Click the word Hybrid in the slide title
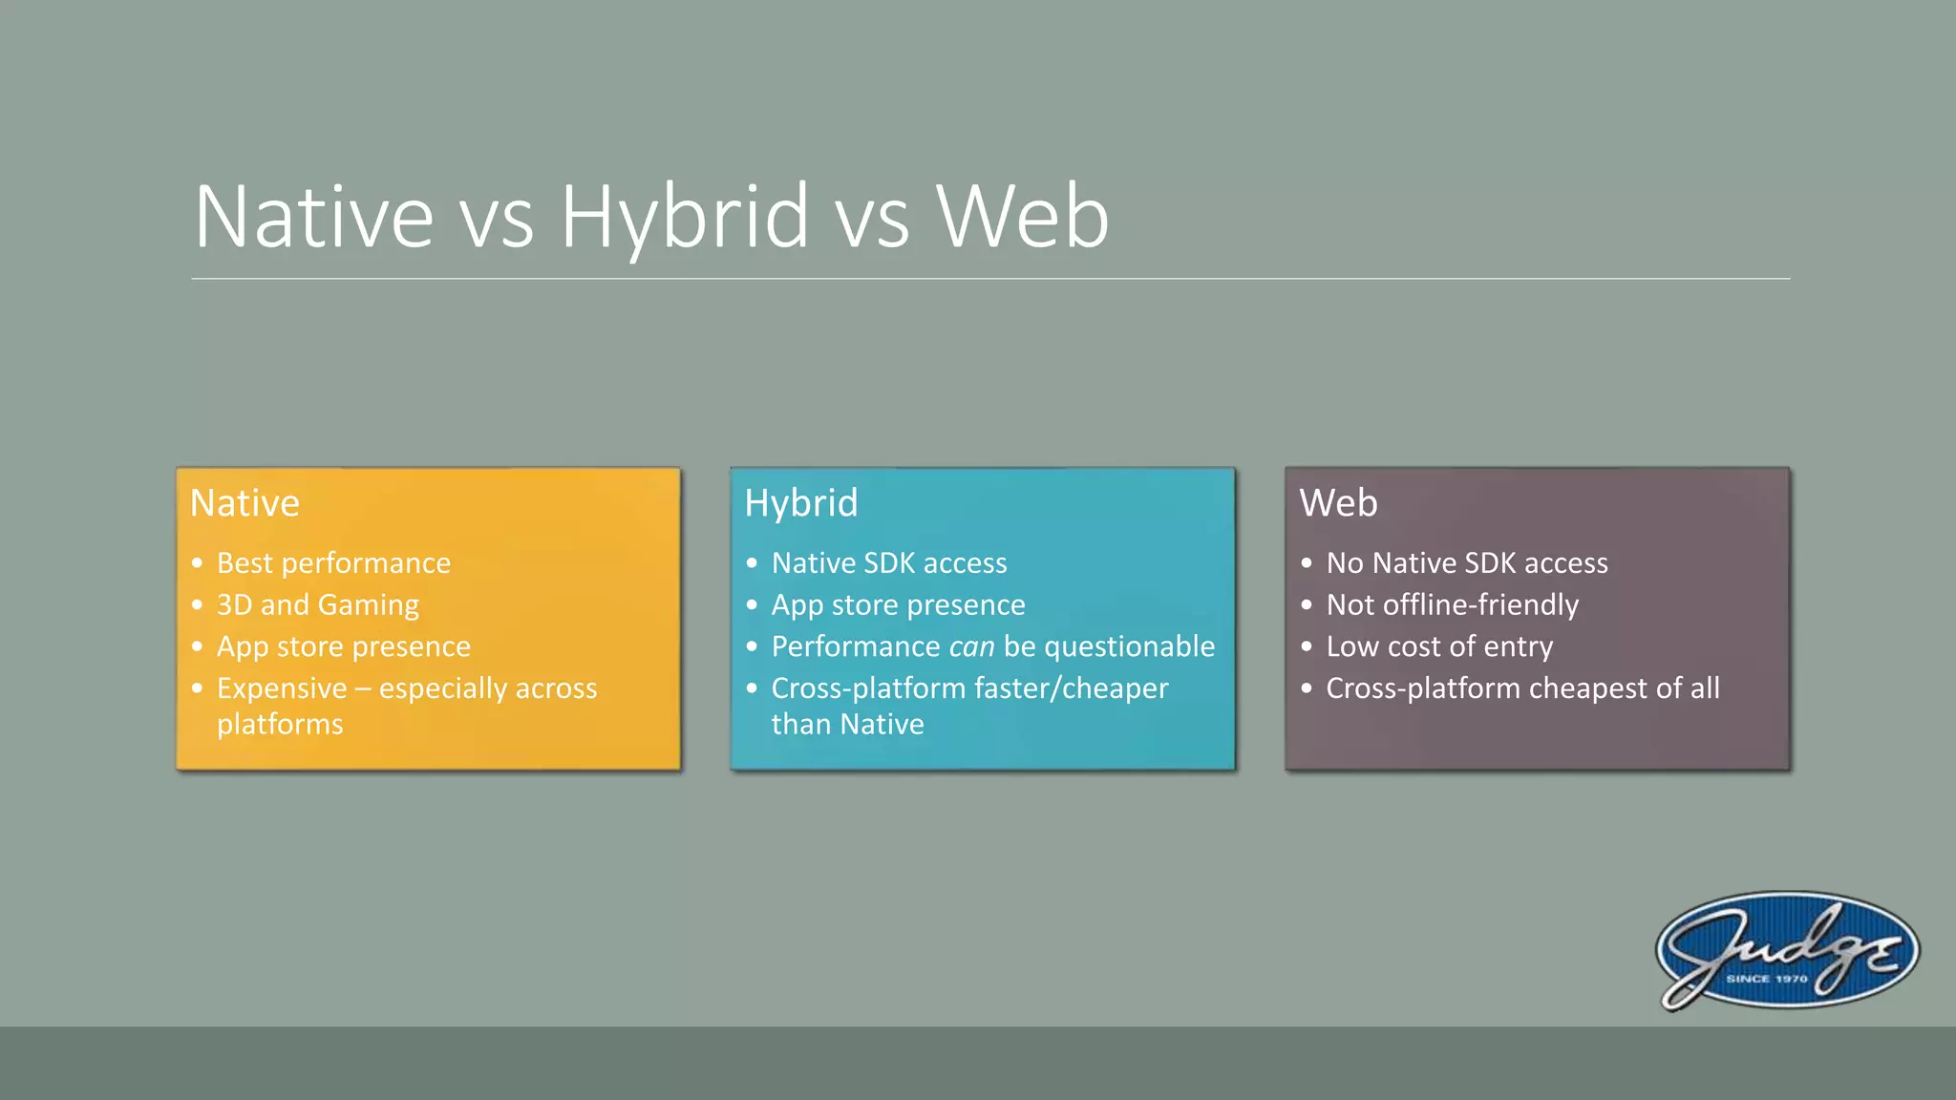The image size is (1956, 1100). point(684,218)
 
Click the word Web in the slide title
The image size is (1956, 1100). point(1022,218)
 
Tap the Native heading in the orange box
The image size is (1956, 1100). point(244,503)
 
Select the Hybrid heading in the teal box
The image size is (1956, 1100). point(800,503)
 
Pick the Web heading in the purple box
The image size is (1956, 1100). point(1338,503)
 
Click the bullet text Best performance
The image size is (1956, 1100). point(333,563)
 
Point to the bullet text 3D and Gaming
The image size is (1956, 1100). point(318,605)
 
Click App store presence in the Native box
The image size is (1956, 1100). point(344,647)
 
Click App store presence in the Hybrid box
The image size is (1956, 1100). point(898,605)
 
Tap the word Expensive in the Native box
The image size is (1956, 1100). point(282,688)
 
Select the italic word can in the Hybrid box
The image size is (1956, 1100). point(971,647)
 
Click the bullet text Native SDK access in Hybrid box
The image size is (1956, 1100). point(888,563)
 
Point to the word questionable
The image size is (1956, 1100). point(1129,647)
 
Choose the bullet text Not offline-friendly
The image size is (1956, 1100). point(1452,605)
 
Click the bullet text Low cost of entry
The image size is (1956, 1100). point(1439,647)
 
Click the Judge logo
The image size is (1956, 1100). point(1787,950)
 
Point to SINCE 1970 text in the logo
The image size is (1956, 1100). point(1766,979)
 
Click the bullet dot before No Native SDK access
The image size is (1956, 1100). point(1307,563)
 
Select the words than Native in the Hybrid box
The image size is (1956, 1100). point(847,725)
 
